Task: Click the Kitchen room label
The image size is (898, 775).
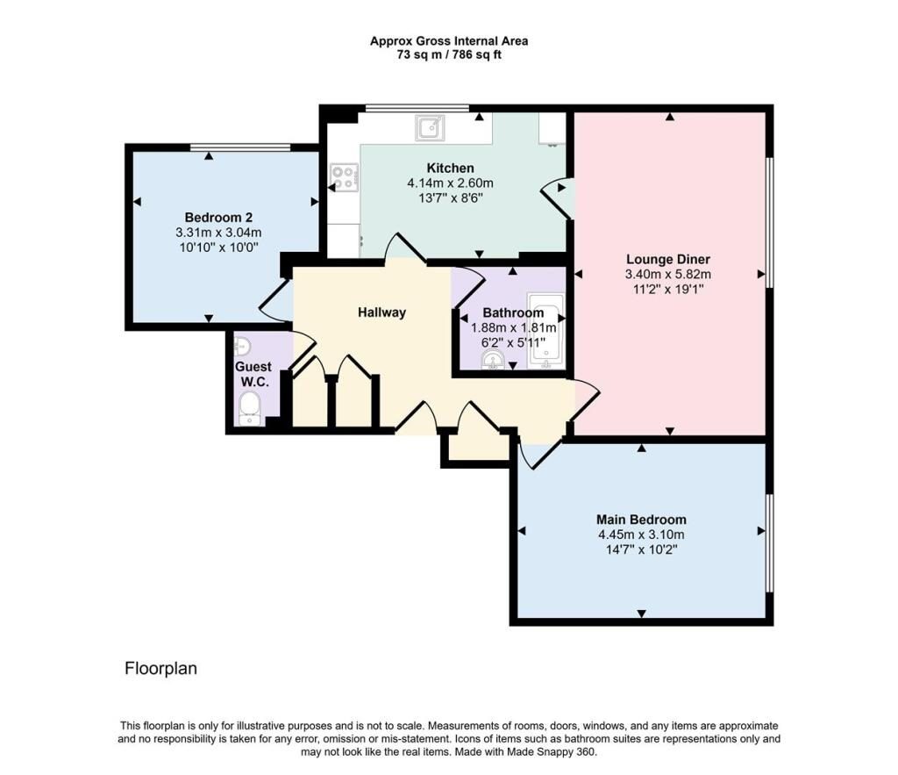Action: click(450, 168)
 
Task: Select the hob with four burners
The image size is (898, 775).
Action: click(343, 178)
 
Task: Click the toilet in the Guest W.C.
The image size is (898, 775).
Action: click(250, 408)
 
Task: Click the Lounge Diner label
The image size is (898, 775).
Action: click(668, 259)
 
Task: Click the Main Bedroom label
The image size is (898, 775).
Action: click(641, 520)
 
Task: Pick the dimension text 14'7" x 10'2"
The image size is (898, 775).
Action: click(641, 549)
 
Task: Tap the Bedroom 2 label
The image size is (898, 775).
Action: click(218, 218)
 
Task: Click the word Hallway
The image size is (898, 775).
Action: click(381, 312)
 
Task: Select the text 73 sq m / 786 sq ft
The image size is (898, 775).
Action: click(448, 54)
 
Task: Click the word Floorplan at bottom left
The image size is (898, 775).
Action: click(160, 669)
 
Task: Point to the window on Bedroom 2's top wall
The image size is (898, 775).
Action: click(240, 147)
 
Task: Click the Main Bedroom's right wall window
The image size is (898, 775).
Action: click(769, 542)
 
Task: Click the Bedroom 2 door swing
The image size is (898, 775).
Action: click(277, 300)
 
